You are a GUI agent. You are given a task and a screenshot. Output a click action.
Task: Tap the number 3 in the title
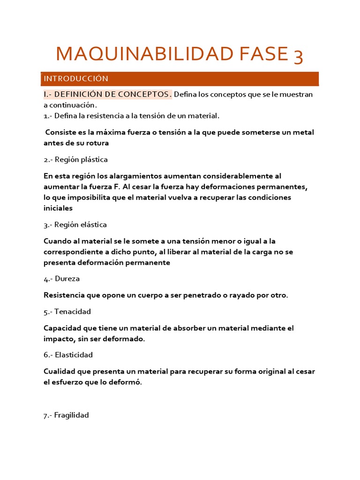tap(298, 57)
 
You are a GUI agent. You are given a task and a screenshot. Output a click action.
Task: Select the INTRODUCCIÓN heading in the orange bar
tap(76, 79)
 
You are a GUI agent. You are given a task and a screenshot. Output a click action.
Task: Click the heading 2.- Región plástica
tap(75, 159)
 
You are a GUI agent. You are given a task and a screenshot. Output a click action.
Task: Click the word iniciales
tap(58, 208)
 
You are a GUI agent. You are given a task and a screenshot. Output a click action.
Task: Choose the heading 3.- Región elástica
tap(75, 225)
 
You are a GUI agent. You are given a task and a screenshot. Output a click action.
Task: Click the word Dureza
tap(67, 278)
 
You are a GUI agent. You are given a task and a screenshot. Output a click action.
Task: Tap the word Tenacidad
tap(73, 311)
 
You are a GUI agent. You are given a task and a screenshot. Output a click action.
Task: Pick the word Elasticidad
tap(74, 354)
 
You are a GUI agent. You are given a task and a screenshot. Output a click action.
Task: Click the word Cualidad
tap(60, 371)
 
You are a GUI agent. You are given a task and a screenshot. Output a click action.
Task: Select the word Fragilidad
tap(71, 415)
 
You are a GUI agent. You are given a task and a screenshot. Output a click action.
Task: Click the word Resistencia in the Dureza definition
tap(64, 295)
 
